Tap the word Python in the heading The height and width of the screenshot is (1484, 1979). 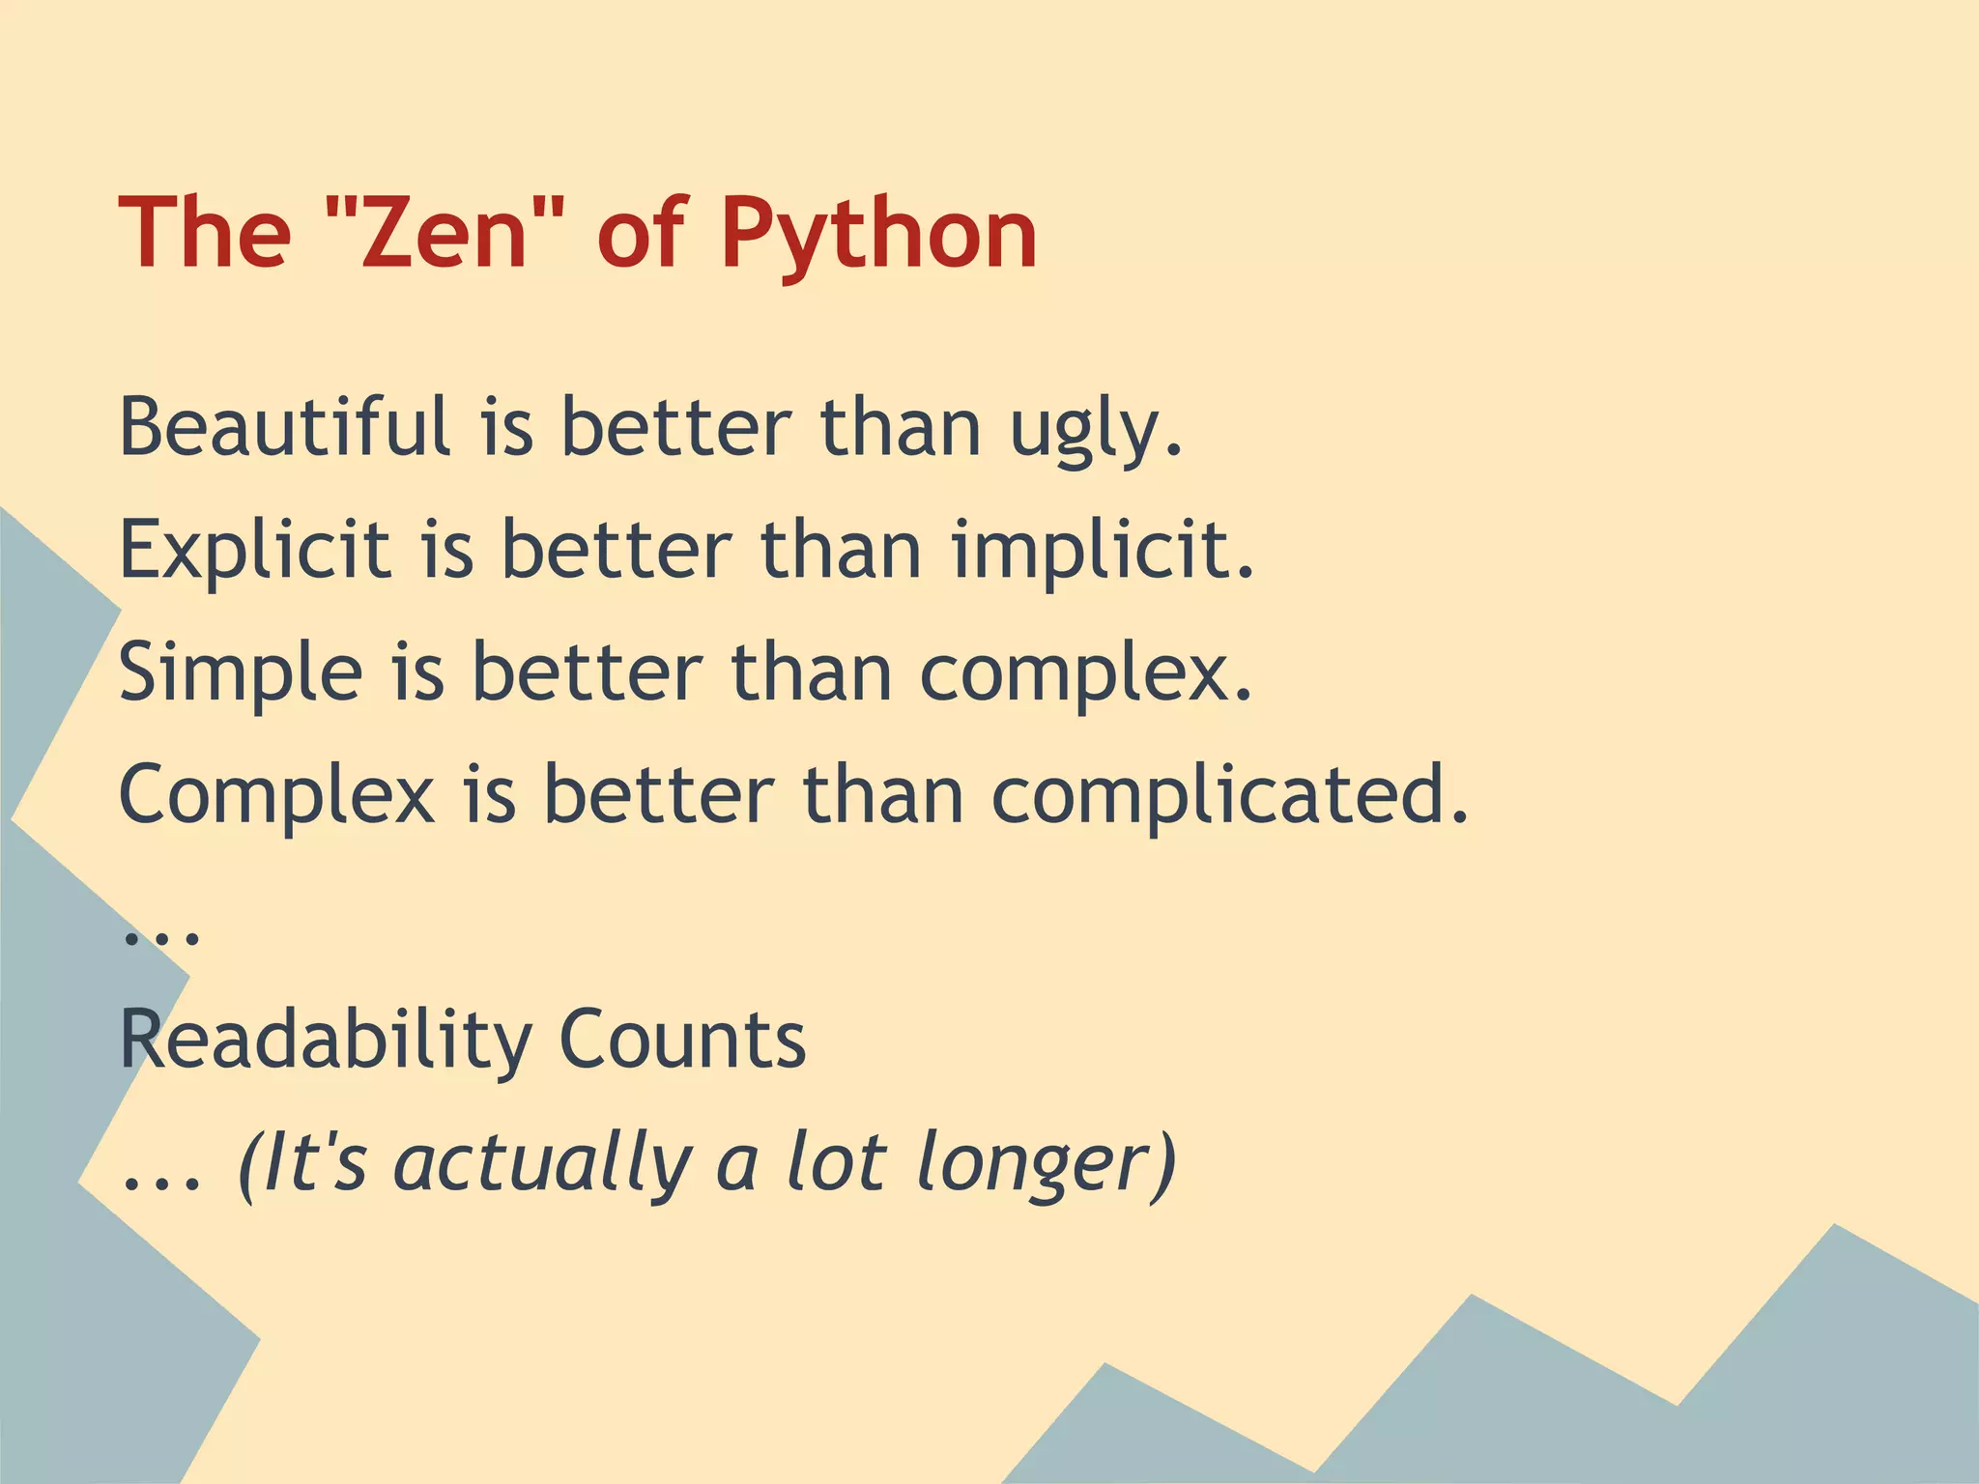[877, 235]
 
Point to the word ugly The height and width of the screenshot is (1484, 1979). [1096, 432]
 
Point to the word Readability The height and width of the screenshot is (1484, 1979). [325, 1041]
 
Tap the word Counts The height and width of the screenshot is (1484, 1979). [682, 1041]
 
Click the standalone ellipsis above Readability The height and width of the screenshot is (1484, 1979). [161, 936]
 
